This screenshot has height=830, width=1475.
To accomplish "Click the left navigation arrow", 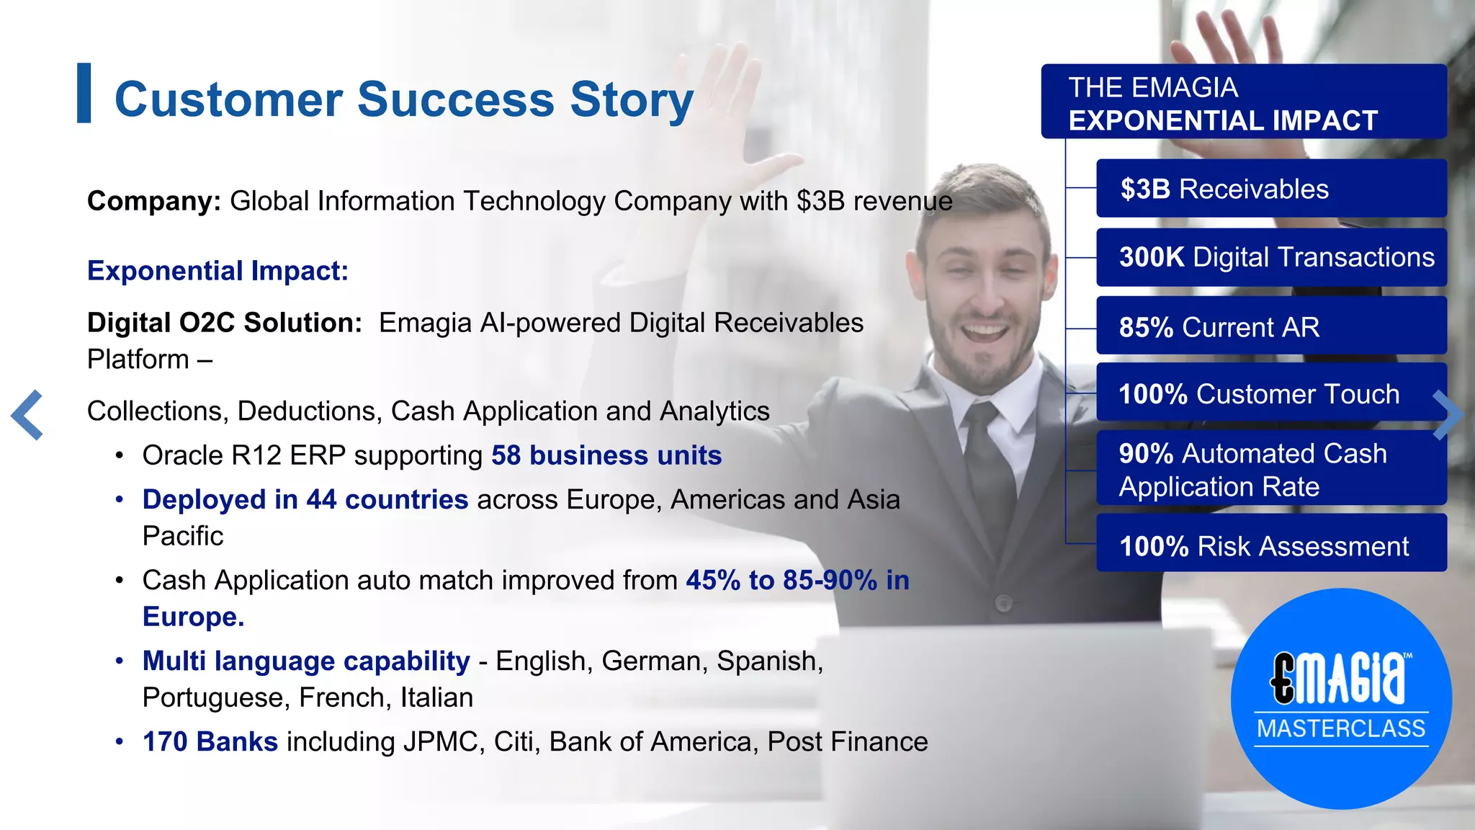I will click(x=27, y=415).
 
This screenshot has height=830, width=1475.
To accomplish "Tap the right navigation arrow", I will click(x=1448, y=415).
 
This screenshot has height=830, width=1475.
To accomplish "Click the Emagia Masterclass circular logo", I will click(x=1341, y=698).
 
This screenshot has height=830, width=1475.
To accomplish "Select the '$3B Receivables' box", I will click(x=1271, y=189).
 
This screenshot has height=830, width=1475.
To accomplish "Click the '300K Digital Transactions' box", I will click(x=1271, y=257).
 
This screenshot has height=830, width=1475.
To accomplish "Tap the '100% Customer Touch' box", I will click(x=1271, y=393).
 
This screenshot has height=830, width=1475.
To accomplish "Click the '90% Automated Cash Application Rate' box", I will click(x=1271, y=469).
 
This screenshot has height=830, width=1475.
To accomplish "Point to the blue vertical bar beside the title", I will click(x=84, y=93).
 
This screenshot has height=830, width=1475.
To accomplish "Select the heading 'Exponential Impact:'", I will click(x=218, y=271).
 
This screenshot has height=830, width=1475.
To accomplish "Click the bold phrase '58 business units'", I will click(x=606, y=455).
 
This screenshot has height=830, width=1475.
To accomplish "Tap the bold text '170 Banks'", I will click(x=210, y=741).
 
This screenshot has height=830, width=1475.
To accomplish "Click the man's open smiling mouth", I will click(x=985, y=333).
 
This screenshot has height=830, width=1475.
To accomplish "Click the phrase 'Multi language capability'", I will click(x=306, y=661).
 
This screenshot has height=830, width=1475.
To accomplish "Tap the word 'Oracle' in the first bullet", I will click(x=183, y=455).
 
